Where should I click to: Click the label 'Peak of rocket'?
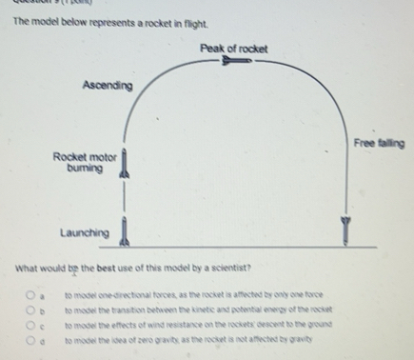234,49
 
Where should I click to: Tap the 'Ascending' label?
108,86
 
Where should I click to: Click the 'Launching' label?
85,232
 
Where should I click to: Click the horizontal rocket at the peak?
234,64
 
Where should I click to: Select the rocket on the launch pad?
123,230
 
